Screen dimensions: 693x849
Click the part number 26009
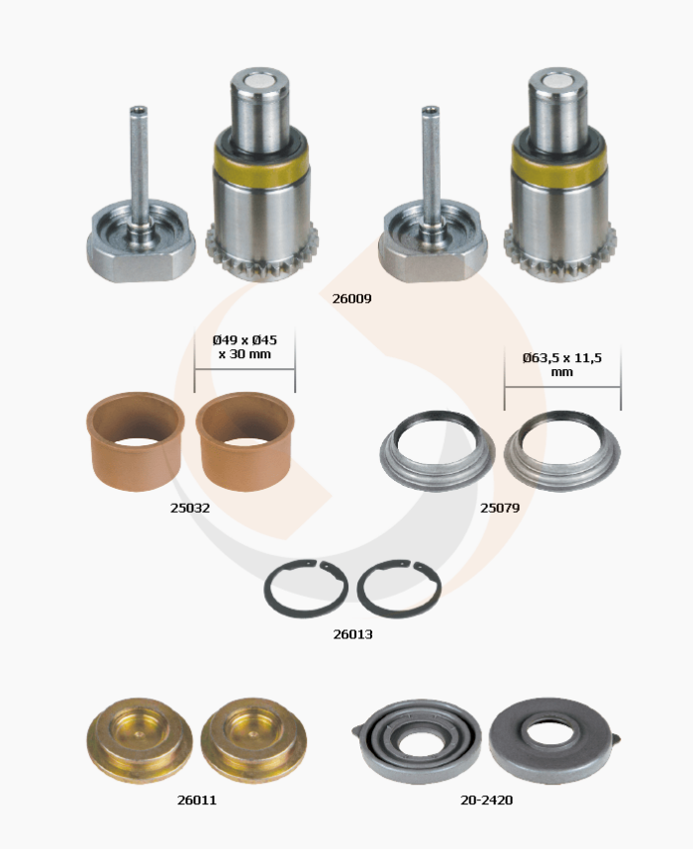click(x=351, y=299)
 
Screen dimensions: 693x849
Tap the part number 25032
click(x=190, y=508)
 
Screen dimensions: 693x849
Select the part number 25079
click(x=500, y=508)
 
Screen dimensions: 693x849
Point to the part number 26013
click(x=352, y=634)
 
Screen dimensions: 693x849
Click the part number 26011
click(x=197, y=800)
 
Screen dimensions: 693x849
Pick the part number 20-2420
click(x=486, y=800)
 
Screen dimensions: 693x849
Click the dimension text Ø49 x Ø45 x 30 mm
click(x=245, y=347)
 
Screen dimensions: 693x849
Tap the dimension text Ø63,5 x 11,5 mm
click(x=562, y=364)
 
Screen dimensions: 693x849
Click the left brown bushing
click(x=136, y=440)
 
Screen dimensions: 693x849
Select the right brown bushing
click(x=245, y=440)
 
